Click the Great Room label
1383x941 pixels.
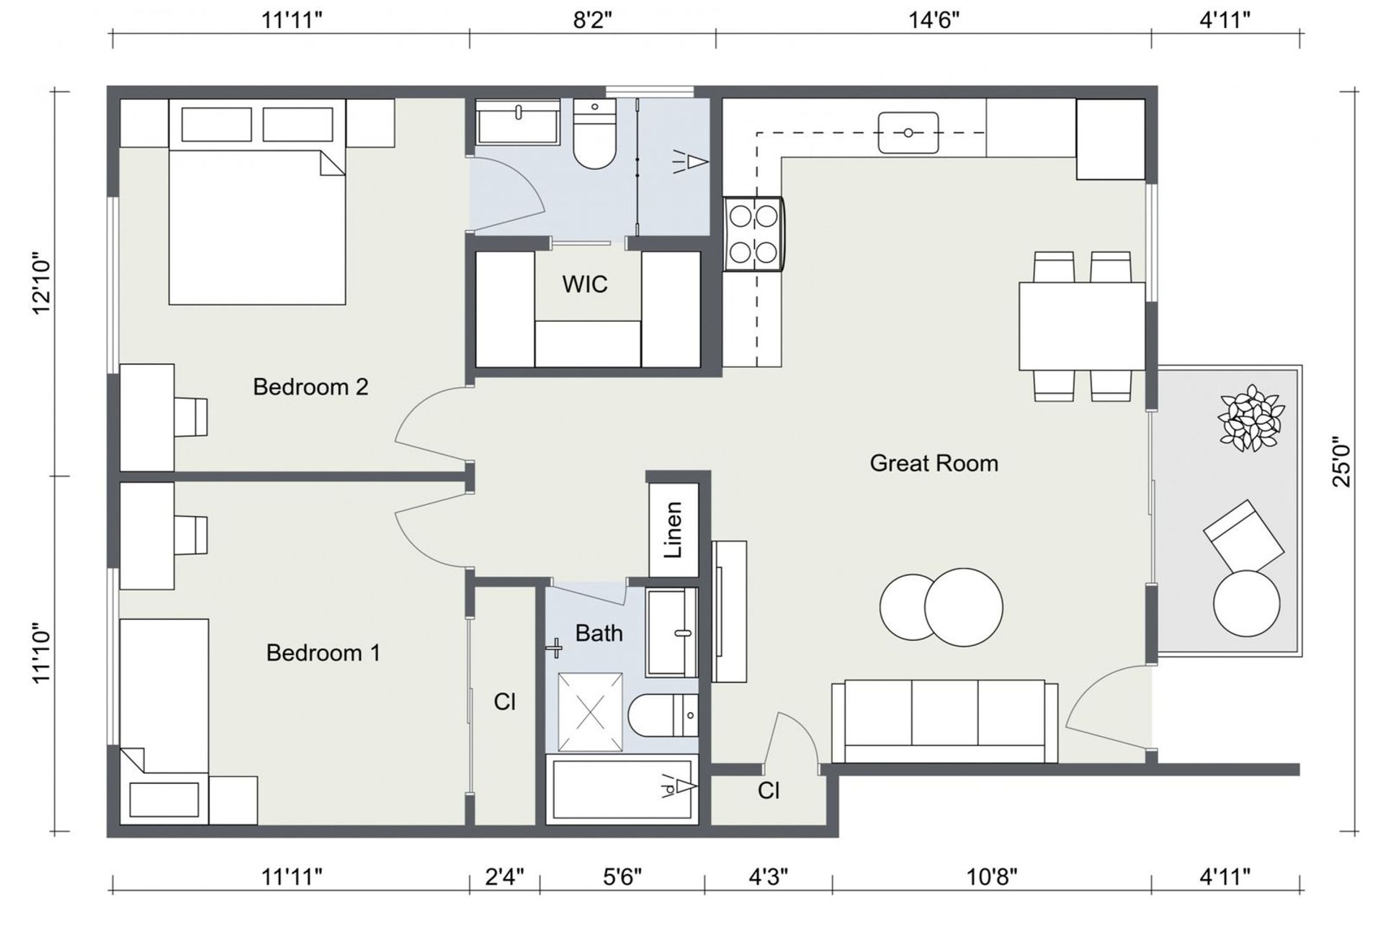tap(934, 463)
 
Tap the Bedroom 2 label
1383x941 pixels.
tap(310, 387)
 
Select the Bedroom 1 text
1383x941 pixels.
tap(323, 653)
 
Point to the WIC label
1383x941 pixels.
tap(585, 284)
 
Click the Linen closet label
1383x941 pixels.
tap(673, 530)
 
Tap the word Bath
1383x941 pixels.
tap(599, 633)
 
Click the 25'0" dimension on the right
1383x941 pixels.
tap(1343, 462)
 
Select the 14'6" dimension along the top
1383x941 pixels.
tap(934, 19)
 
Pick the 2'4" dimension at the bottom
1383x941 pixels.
tap(504, 877)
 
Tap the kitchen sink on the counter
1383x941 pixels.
tap(908, 133)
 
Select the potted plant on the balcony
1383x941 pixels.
tap(1250, 418)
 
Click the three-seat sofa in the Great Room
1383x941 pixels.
tap(944, 721)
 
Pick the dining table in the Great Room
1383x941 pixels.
tap(1082, 326)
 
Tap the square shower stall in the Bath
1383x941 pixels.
tap(590, 713)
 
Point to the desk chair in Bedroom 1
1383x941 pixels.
tap(192, 536)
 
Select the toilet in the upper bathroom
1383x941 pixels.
tap(594, 135)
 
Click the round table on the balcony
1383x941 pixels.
tap(1247, 603)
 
